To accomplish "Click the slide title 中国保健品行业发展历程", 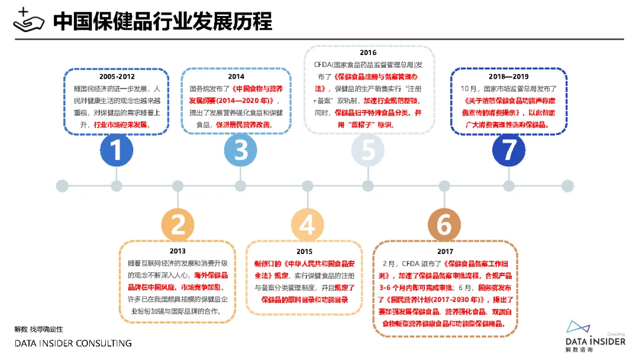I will (162, 21).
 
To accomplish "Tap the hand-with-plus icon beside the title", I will (28, 20).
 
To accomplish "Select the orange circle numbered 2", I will (178, 224).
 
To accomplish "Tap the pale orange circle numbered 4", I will (307, 224).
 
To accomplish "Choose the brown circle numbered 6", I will (444, 224).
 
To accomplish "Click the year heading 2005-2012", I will (117, 76).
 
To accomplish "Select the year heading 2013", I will (177, 251).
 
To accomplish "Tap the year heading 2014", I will (236, 76).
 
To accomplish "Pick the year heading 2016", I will (368, 52).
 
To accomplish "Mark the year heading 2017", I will (446, 251).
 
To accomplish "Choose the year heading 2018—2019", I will (509, 76).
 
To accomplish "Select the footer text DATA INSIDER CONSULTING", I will (73, 343).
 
